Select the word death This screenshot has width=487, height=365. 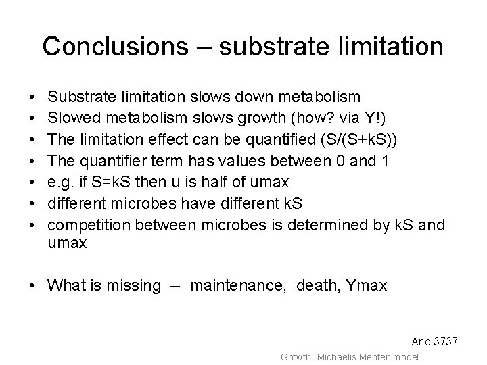[307, 286]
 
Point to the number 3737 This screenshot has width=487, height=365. [444, 342]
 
